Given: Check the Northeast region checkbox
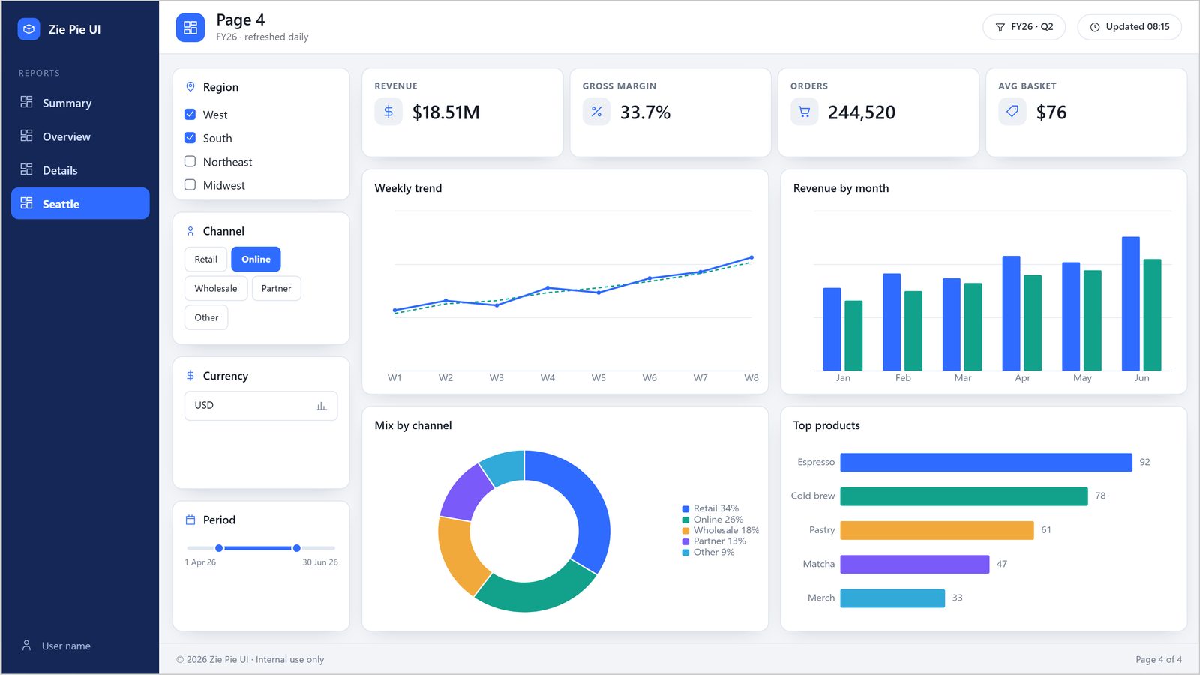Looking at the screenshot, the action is point(190,161).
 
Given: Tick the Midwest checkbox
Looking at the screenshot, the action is point(190,184).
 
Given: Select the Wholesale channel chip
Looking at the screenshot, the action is point(216,288).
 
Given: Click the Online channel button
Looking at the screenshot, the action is point(256,259).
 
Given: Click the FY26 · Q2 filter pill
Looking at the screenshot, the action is point(1024,27).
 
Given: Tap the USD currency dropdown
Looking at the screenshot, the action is point(261,406).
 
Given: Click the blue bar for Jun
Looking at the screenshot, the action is point(1130,304).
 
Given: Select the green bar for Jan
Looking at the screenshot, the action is point(853,335).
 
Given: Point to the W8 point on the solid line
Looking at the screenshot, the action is point(751,258).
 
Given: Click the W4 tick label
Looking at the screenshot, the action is point(547,378).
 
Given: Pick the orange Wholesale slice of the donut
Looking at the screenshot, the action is point(458,555).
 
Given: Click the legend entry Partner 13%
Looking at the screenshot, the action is point(714,541).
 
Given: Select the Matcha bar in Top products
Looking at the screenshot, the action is point(914,564).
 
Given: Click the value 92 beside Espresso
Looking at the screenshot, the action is point(1144,462).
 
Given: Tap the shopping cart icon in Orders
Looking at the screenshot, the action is point(804,112).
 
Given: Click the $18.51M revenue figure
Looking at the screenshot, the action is point(445,112).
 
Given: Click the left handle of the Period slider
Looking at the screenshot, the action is point(218,548).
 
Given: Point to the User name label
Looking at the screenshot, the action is point(66,646).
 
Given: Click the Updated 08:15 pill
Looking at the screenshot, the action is point(1129,27).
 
